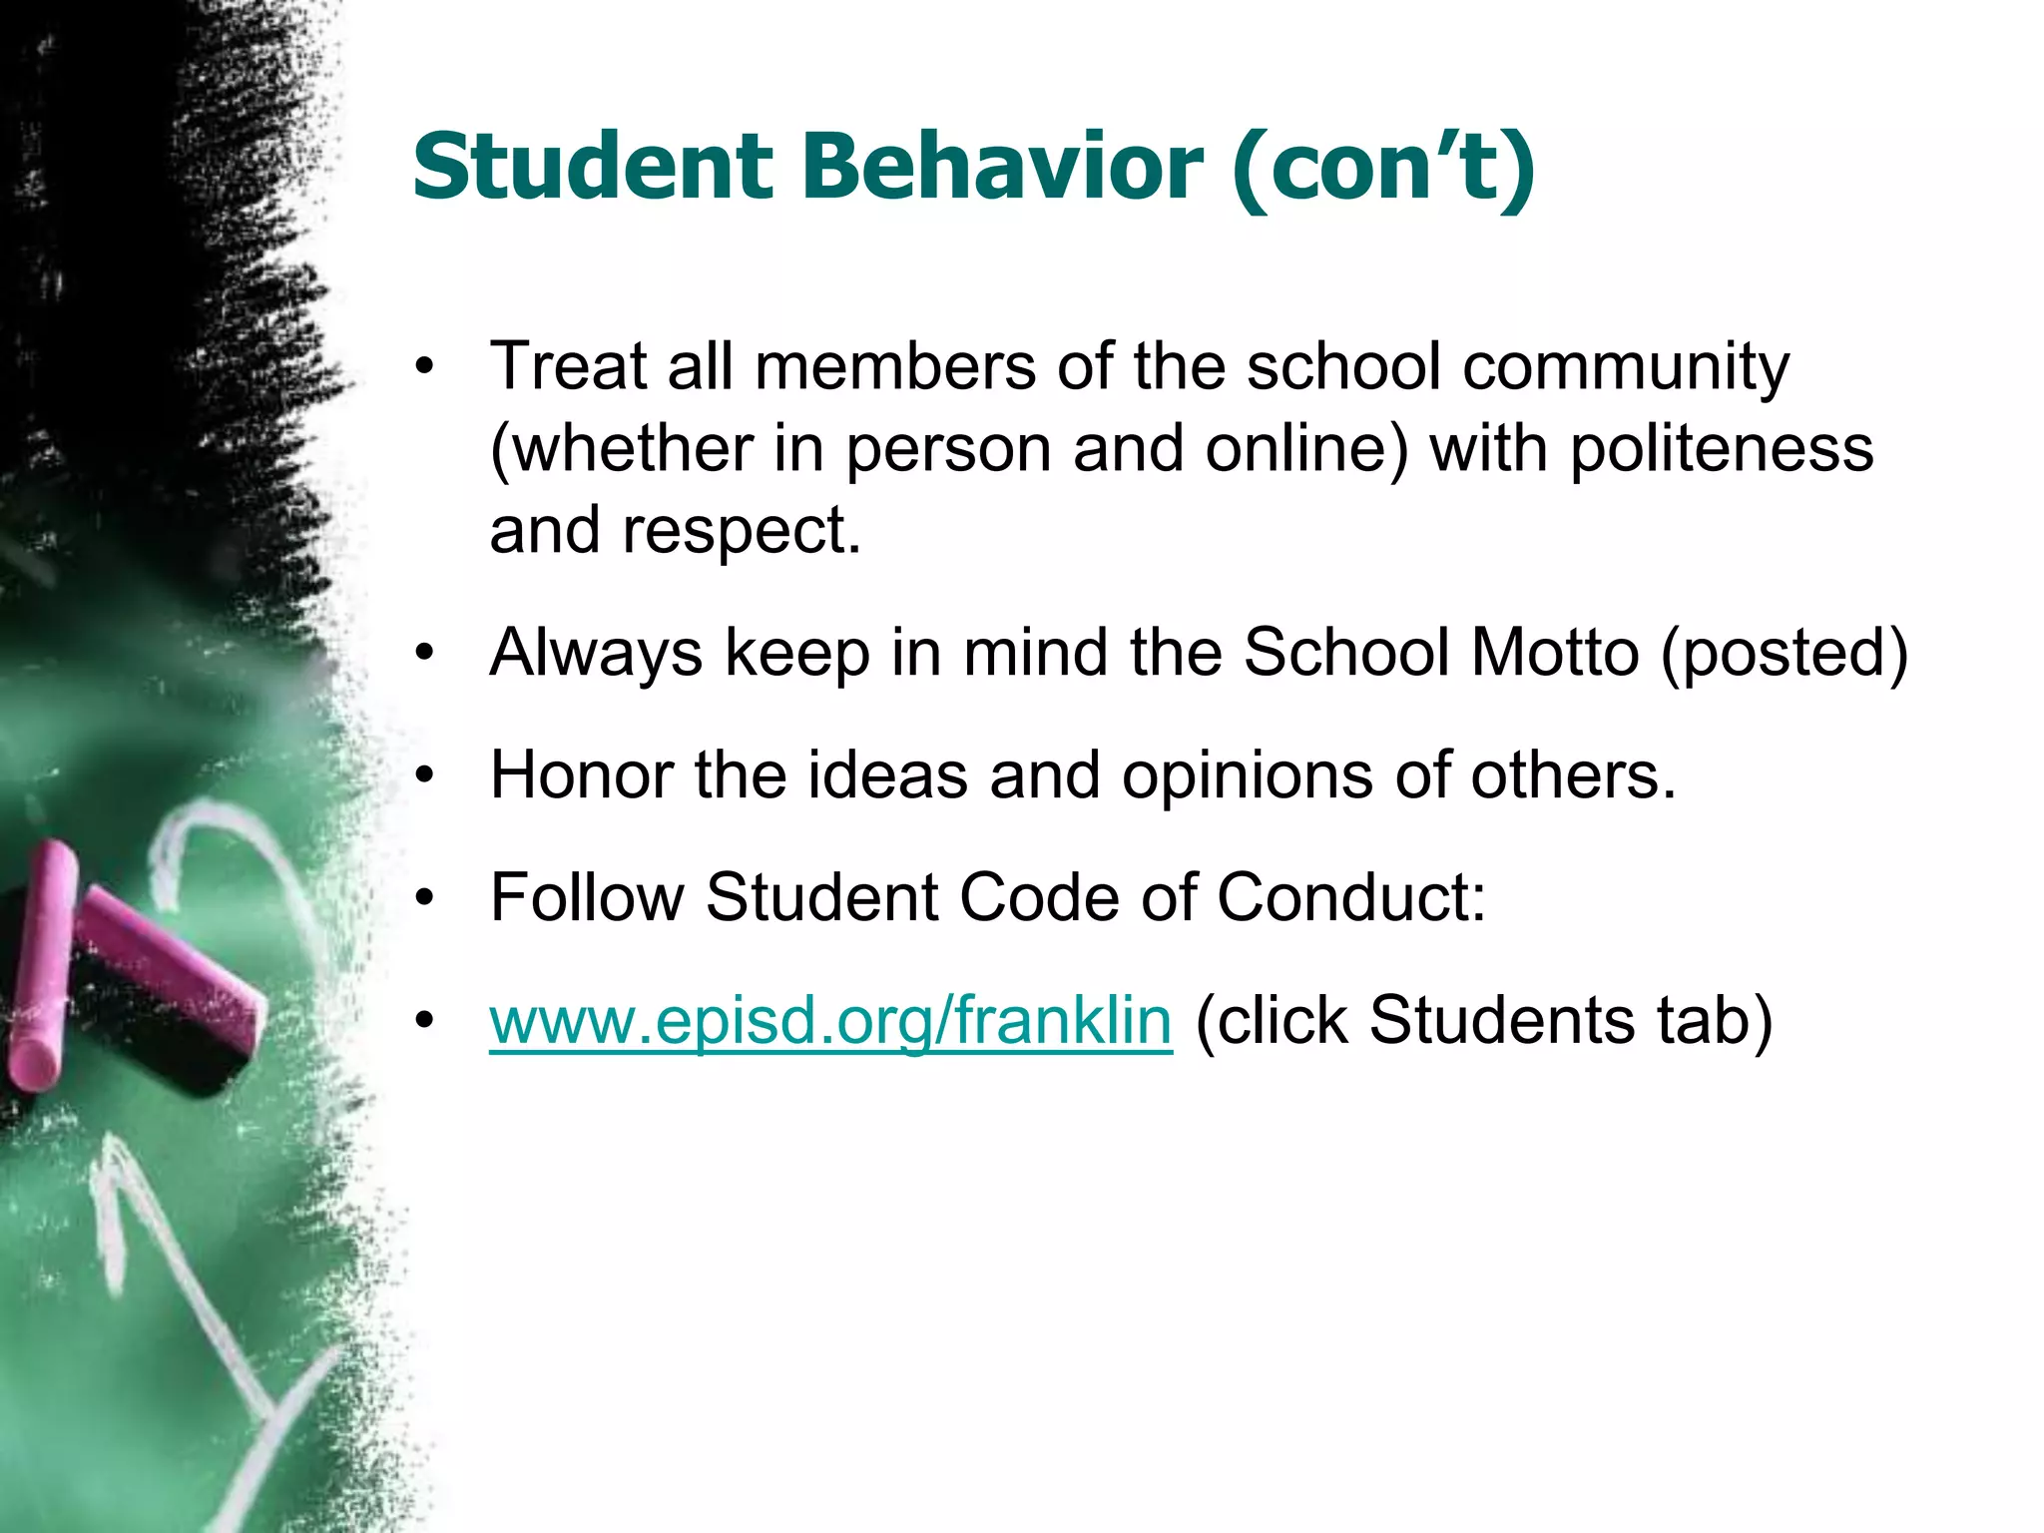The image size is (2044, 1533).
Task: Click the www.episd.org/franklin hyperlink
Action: pyautogui.click(x=830, y=1022)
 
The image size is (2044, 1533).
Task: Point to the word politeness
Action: pyautogui.click(x=1722, y=449)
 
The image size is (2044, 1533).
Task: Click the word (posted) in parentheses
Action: pyautogui.click(x=1786, y=655)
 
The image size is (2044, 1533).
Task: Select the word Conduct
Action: pyautogui.click(x=1351, y=897)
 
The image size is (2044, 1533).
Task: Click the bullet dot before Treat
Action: pyautogui.click(x=426, y=367)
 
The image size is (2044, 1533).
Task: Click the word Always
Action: pyautogui.click(x=596, y=655)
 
